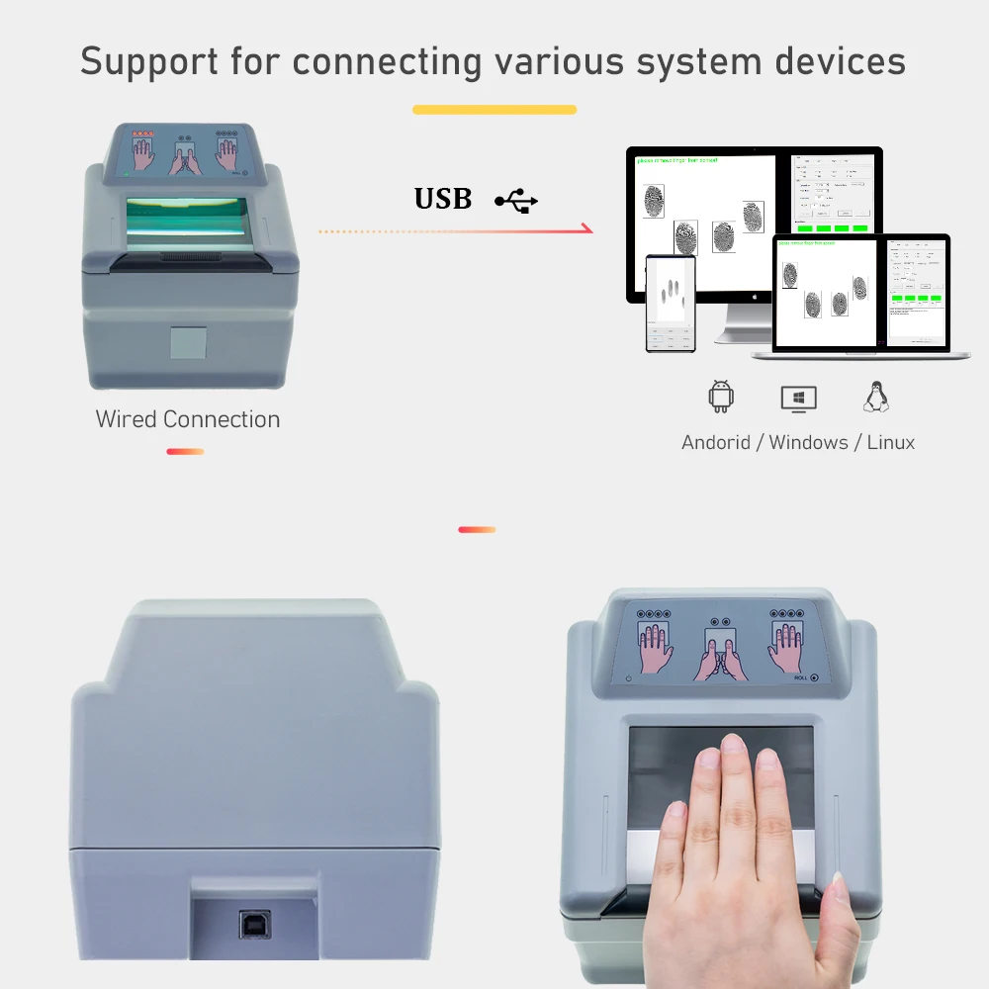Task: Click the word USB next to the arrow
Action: click(442, 199)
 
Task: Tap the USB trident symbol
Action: click(517, 201)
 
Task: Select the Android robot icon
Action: click(721, 397)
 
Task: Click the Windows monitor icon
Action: click(798, 398)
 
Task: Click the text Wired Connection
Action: click(188, 419)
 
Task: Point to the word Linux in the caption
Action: click(890, 442)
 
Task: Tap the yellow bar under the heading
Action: click(494, 110)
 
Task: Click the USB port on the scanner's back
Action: click(253, 924)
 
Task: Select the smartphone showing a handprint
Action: click(671, 304)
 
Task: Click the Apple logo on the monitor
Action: click(754, 295)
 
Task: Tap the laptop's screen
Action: click(860, 292)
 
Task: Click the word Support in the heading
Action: click(148, 61)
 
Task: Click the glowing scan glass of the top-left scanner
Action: click(187, 222)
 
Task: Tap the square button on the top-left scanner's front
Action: click(188, 341)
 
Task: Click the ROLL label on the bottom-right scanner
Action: click(801, 678)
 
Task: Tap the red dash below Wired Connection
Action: click(185, 452)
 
